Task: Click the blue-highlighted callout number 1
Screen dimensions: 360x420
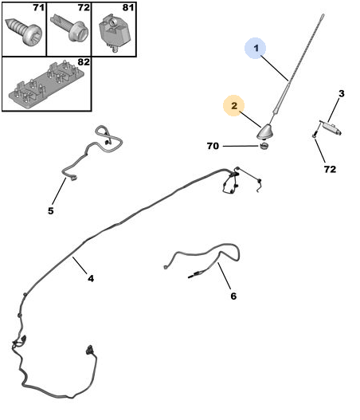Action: (x=256, y=48)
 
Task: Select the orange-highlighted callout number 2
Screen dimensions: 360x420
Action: (x=234, y=105)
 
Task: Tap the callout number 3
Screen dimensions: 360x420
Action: (x=341, y=94)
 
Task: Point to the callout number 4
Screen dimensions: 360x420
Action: (x=91, y=278)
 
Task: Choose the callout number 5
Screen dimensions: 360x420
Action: (x=51, y=211)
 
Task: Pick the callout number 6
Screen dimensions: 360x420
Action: (x=233, y=296)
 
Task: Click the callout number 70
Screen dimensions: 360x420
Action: (x=213, y=146)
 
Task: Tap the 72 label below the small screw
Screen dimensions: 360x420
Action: (x=330, y=169)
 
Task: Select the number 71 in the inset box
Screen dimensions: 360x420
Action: (x=39, y=7)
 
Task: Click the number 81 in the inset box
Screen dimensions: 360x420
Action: (x=128, y=7)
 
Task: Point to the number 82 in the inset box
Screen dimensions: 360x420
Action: (x=84, y=62)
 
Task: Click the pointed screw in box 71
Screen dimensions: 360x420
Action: (x=24, y=32)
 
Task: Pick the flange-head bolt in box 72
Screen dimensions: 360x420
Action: (x=69, y=28)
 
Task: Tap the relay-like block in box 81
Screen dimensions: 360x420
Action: (x=115, y=32)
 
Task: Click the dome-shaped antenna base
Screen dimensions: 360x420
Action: (x=264, y=132)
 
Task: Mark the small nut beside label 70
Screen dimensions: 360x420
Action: (x=264, y=147)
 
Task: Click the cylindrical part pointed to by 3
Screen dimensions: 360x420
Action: (x=331, y=128)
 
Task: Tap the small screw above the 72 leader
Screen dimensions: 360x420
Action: (x=315, y=133)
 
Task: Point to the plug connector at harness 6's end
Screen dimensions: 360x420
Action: (x=194, y=274)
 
